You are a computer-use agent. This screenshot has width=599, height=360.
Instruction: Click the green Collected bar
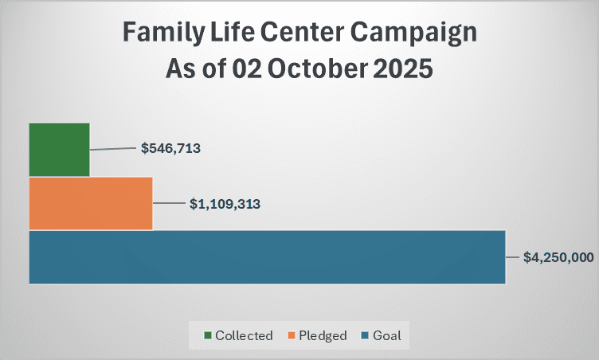(x=59, y=149)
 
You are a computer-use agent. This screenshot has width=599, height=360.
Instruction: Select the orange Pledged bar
(x=90, y=203)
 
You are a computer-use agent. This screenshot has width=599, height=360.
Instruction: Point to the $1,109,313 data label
(x=225, y=203)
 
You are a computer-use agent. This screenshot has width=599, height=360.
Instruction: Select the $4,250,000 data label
(x=558, y=257)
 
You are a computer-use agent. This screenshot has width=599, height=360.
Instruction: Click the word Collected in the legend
(x=244, y=335)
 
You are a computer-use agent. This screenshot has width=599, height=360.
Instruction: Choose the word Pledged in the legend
(x=323, y=335)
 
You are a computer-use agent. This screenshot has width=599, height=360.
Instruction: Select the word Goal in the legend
(x=386, y=335)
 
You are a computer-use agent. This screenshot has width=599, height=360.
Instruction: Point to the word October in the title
(x=307, y=68)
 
